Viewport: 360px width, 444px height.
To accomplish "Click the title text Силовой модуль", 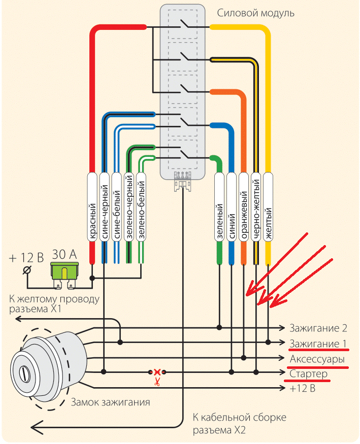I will coord(255,13).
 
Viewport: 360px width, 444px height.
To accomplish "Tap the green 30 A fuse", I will coord(64,271).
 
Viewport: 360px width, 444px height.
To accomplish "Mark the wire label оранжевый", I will coord(244,215).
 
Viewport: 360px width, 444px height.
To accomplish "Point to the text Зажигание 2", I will coord(318,327).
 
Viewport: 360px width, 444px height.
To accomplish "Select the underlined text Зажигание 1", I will coord(318,345).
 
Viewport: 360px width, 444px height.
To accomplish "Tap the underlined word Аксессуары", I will coord(318,359).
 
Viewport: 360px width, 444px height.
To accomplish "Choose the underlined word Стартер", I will coord(309,374).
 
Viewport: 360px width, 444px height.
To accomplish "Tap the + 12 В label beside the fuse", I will coord(26,257).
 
